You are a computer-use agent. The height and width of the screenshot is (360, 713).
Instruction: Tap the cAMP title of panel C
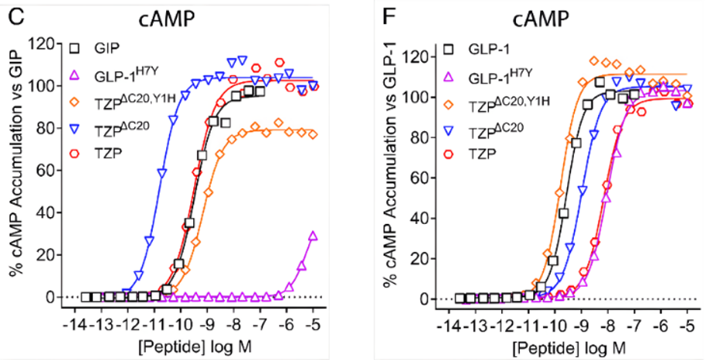(166, 19)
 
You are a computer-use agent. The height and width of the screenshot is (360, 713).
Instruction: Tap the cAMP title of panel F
(541, 19)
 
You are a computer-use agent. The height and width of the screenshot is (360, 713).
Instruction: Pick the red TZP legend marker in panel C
(75, 153)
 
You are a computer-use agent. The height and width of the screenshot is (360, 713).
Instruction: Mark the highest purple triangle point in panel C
(313, 236)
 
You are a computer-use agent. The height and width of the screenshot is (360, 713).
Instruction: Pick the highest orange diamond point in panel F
(593, 60)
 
